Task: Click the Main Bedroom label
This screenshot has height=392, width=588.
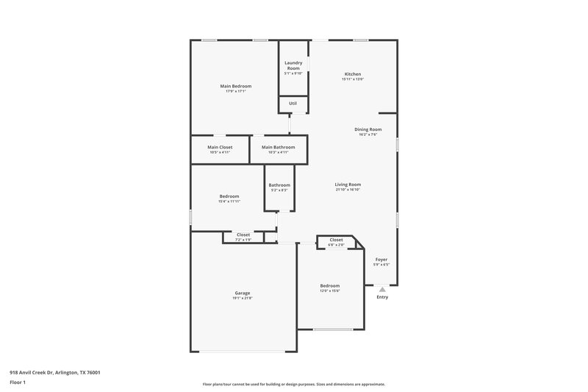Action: pyautogui.click(x=236, y=86)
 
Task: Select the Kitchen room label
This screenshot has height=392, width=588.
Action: pyautogui.click(x=353, y=74)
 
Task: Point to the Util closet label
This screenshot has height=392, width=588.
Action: pyautogui.click(x=293, y=104)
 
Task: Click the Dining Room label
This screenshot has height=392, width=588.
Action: pyautogui.click(x=368, y=129)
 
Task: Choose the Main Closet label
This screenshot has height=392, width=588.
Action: pyautogui.click(x=220, y=147)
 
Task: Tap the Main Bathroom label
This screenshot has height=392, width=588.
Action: pyautogui.click(x=279, y=147)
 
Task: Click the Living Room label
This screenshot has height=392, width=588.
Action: pyautogui.click(x=348, y=185)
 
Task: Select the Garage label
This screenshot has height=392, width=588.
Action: pyautogui.click(x=243, y=293)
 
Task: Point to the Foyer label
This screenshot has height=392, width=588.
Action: pyautogui.click(x=381, y=260)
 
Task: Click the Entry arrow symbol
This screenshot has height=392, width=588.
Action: pyautogui.click(x=382, y=290)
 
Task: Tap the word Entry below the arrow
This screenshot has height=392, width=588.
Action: pyautogui.click(x=382, y=297)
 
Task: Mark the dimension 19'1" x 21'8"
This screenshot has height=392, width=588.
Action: pyautogui.click(x=243, y=298)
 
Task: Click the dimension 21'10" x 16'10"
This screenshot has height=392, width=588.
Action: pyautogui.click(x=348, y=190)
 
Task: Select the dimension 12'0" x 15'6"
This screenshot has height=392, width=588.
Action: pyautogui.click(x=329, y=291)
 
